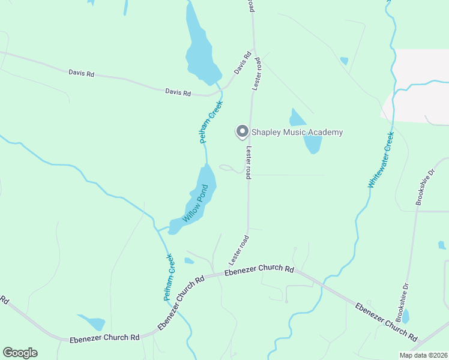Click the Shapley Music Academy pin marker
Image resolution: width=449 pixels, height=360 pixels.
(242, 131)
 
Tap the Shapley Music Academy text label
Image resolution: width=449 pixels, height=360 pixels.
(297, 132)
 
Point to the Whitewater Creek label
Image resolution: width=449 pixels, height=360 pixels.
(380, 160)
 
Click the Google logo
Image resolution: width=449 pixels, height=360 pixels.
(20, 353)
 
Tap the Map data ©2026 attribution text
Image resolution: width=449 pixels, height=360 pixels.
(423, 355)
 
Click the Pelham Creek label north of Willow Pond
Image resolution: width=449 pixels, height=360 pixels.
(211, 122)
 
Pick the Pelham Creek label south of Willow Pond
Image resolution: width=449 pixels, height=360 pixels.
(169, 277)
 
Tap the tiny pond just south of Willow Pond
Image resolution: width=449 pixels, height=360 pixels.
(189, 261)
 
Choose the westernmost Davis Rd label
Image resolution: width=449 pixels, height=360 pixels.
(82, 74)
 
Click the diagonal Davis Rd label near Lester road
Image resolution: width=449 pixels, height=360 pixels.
(242, 62)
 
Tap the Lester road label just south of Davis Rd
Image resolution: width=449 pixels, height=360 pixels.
(256, 74)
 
